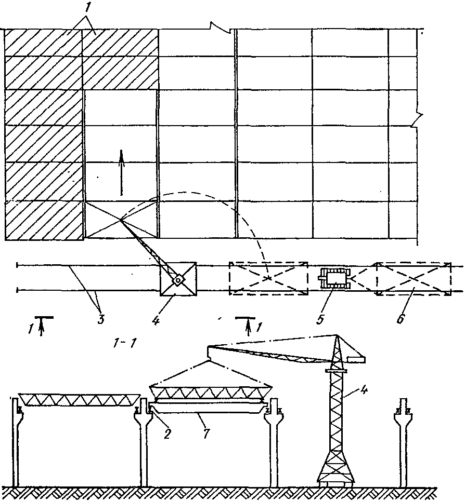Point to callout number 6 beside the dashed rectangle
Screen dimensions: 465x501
[x=401, y=318]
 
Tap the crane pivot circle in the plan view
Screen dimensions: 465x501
[x=178, y=280]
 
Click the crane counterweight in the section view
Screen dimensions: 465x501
[x=355, y=358]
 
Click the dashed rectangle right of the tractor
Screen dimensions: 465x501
[x=413, y=279]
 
